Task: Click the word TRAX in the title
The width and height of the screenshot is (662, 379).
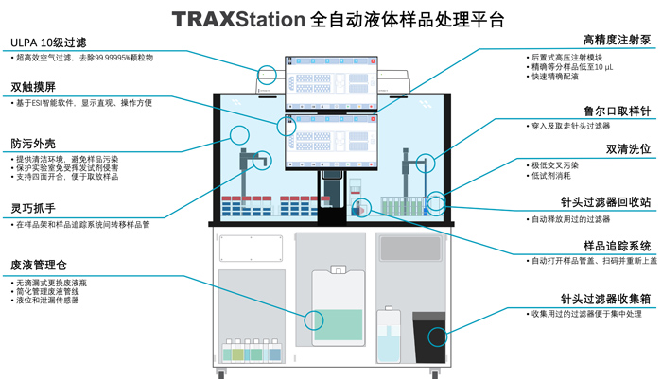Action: point(203,18)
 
